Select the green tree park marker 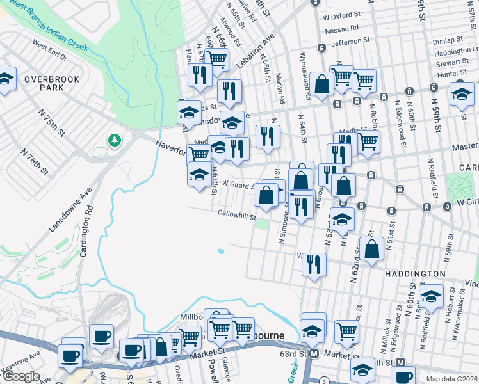[x=115, y=140]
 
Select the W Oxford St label [x=347, y=13]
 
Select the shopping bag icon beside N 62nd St [x=371, y=248]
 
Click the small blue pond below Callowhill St [x=221, y=252]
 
